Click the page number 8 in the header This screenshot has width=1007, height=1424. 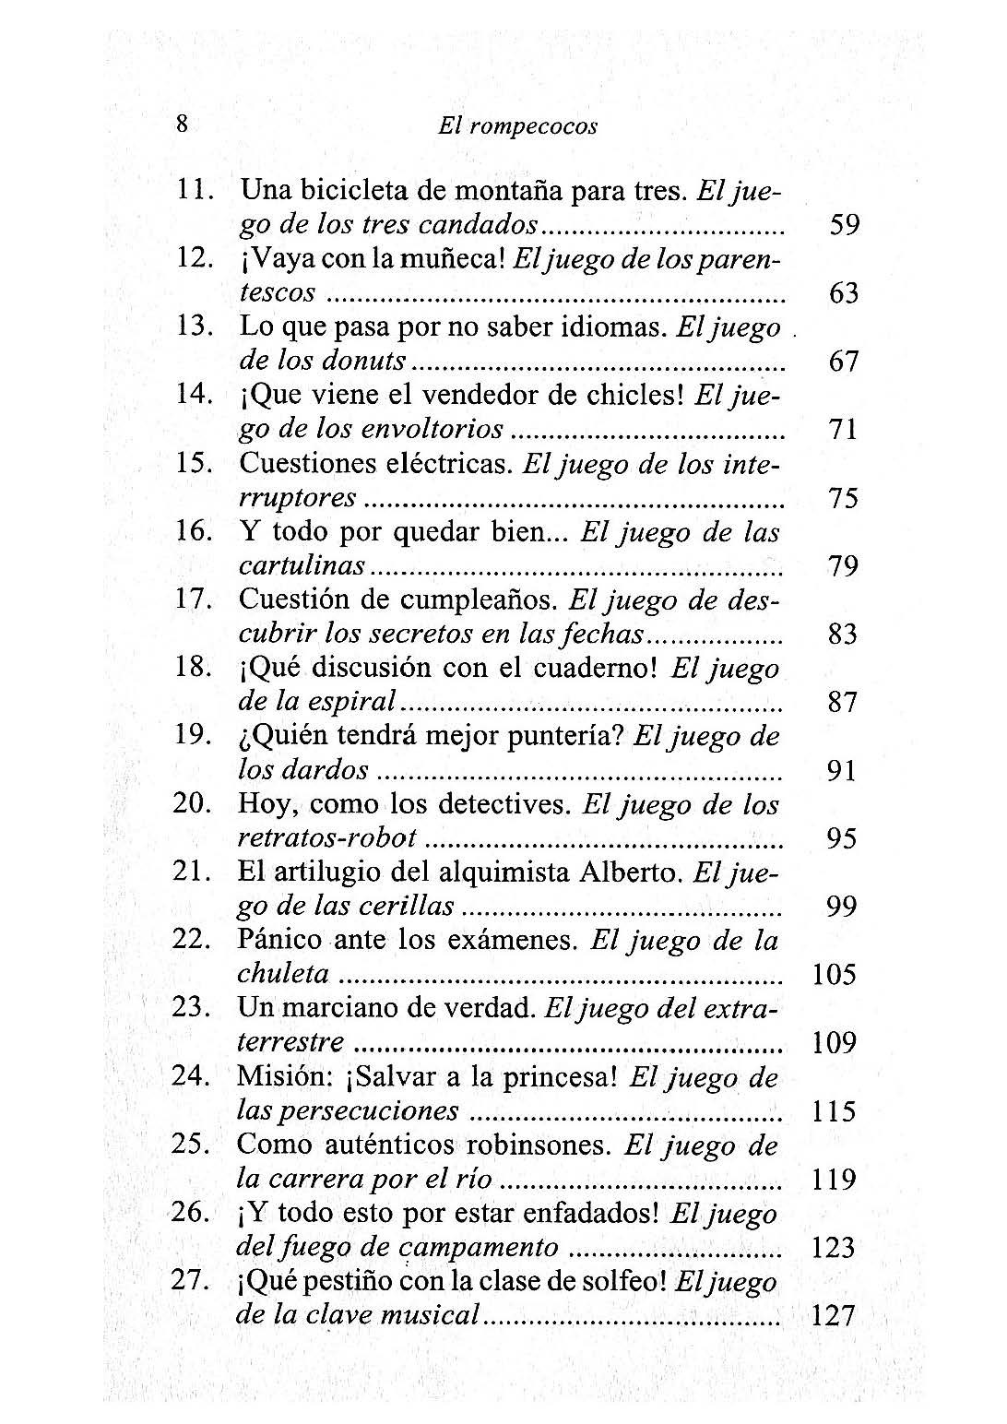pos(182,125)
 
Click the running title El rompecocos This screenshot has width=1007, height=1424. pos(517,127)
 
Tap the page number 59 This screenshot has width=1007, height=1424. pos(844,225)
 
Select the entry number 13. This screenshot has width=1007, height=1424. pos(194,326)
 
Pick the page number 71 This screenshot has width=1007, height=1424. pos(844,430)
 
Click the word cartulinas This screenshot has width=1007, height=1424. pos(301,565)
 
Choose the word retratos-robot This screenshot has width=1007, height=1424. pos(327,838)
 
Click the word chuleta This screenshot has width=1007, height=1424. pos(284,974)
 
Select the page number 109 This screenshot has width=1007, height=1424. pos(835,1043)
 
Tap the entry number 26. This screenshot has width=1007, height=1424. pos(191,1213)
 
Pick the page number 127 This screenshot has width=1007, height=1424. pos(834,1316)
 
